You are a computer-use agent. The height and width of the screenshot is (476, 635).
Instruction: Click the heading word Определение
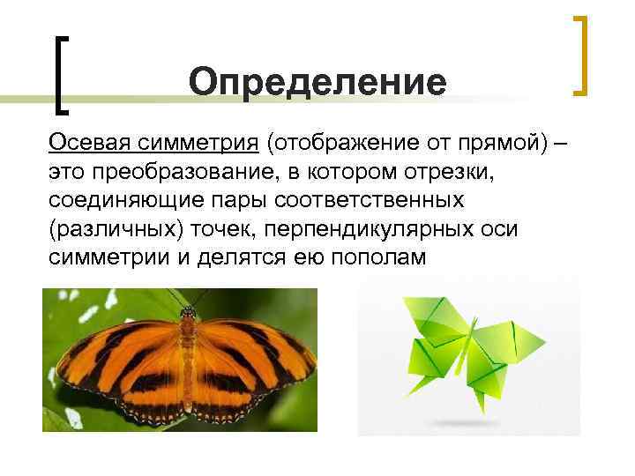(x=317, y=84)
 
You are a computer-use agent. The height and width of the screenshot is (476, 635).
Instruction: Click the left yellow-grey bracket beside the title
(x=61, y=75)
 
